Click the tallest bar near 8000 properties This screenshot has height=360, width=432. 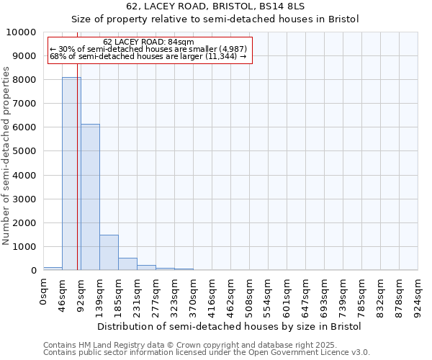coord(71,174)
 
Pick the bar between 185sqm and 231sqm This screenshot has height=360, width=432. coord(127,264)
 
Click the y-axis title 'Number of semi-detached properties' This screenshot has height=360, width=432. coord(6,156)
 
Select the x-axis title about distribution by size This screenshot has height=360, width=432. coord(230,326)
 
